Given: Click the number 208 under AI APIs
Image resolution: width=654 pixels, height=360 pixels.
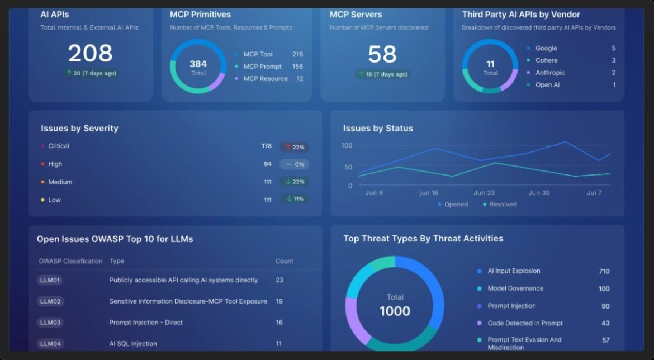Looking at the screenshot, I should [x=90, y=54].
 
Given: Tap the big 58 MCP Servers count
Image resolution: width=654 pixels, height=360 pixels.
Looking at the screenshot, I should [x=382, y=54].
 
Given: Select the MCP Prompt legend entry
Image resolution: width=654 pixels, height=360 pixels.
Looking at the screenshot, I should [x=262, y=67].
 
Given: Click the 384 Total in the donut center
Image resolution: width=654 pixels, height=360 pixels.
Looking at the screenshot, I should [x=198, y=67].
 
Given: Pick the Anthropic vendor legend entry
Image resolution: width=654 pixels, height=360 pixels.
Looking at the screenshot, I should [x=549, y=73].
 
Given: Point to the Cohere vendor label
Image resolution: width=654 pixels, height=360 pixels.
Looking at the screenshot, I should [x=546, y=60].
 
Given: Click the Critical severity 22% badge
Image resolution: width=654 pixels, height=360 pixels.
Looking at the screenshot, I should [x=294, y=147].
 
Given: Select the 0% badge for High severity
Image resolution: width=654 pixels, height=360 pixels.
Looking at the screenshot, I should [x=294, y=164].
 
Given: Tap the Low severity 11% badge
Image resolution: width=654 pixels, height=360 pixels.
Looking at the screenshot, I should [x=294, y=199].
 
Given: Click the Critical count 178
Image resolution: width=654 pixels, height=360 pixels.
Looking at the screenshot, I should [x=267, y=146].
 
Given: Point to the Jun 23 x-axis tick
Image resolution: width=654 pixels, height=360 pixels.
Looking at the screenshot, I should [x=484, y=193].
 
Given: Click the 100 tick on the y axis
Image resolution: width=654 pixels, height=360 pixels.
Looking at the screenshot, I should [x=347, y=145].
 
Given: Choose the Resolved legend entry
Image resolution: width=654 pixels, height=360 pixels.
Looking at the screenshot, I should [x=503, y=205].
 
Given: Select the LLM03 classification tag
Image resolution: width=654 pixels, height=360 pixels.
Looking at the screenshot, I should [x=50, y=323].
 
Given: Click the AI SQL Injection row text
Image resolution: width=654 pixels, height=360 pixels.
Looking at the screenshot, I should [x=133, y=344].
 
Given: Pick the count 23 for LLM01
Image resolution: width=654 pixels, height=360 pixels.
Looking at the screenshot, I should [x=279, y=280].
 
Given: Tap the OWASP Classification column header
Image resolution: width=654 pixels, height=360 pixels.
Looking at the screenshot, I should [x=70, y=261].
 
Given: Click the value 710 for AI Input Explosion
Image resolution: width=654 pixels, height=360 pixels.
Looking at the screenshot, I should [x=604, y=271].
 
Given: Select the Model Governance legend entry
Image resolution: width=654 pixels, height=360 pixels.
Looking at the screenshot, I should [x=515, y=288].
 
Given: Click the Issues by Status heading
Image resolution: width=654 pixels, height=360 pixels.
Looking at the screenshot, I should [x=378, y=129].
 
